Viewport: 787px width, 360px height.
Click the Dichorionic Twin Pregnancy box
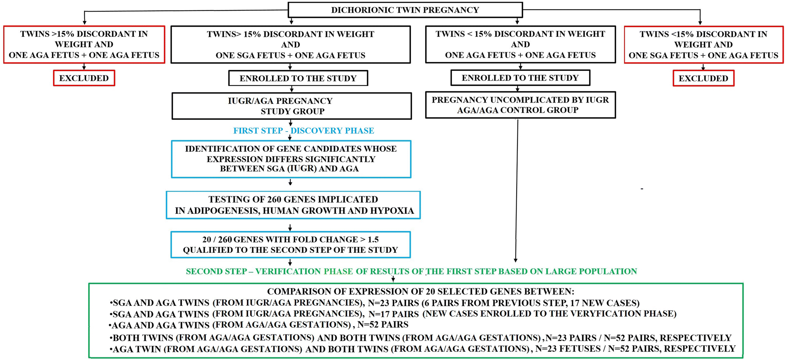pos(405,10)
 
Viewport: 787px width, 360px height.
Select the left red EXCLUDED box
pos(84,78)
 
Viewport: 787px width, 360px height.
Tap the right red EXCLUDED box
pos(703,79)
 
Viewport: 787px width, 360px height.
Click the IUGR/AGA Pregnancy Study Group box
pos(292,106)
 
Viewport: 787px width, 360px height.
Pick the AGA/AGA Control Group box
pos(520,105)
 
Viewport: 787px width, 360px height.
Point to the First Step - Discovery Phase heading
pos(304,131)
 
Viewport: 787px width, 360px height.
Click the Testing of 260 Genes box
pos(293,205)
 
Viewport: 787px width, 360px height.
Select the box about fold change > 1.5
pos(290,245)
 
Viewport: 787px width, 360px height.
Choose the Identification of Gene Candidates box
pos(291,159)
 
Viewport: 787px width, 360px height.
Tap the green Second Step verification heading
pos(411,271)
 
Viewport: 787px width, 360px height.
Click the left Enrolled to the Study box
pos(298,78)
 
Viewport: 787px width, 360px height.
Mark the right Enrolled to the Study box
pos(520,78)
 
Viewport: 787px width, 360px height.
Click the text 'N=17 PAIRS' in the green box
pos(393,314)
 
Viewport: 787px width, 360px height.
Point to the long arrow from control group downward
pos(517,190)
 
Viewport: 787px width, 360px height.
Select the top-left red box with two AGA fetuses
pos(84,45)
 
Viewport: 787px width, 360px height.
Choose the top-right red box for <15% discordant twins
pos(703,45)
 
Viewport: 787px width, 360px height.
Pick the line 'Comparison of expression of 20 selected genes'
pos(421,291)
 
